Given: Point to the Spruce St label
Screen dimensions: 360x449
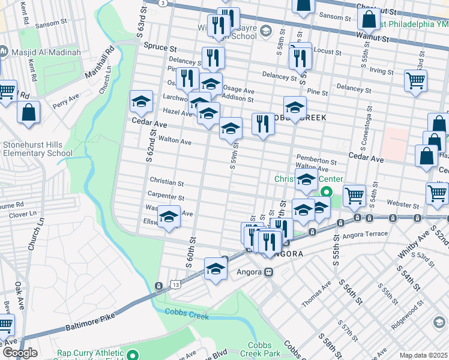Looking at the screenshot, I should point(161,46).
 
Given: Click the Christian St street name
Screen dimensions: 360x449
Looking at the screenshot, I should point(166,181).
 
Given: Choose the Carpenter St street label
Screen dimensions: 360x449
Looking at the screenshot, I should point(166,196).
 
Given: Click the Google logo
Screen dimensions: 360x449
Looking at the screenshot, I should point(20,353).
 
